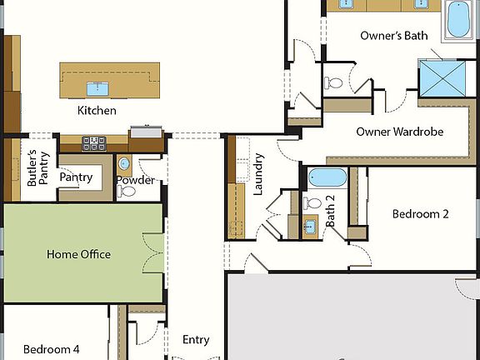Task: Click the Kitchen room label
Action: tap(97, 111)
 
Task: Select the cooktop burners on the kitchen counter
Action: tap(92, 142)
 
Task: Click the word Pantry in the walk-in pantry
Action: tap(74, 177)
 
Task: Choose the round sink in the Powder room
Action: tap(124, 163)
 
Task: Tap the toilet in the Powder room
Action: tap(127, 190)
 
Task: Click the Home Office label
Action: tap(78, 254)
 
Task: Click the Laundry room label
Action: tap(258, 173)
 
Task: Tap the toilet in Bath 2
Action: tap(313, 203)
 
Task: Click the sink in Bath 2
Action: tap(310, 225)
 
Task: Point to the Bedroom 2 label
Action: tap(420, 214)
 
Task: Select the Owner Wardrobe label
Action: tap(399, 132)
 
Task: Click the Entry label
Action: tap(196, 340)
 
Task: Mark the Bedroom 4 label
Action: tap(52, 349)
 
